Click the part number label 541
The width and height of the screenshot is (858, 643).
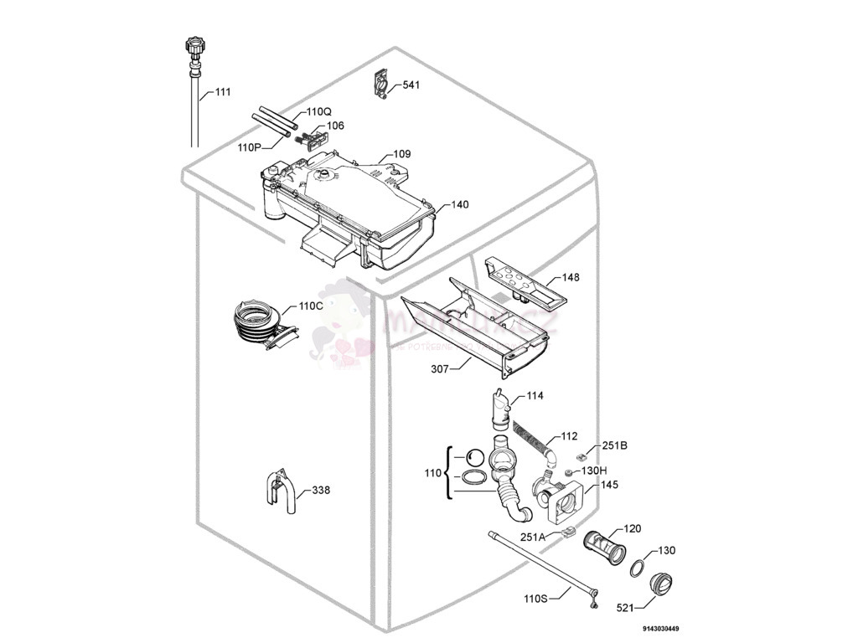(411, 85)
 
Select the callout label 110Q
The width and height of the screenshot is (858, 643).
(318, 111)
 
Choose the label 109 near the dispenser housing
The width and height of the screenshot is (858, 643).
(401, 154)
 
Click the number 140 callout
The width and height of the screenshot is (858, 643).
(460, 204)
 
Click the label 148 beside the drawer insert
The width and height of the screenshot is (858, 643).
(571, 277)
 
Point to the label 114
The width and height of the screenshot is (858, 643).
(535, 395)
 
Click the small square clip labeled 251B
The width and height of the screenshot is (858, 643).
(581, 456)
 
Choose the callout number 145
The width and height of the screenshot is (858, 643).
(610, 485)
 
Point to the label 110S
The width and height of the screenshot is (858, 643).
(535, 599)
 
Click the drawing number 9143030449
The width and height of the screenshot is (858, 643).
(661, 629)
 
